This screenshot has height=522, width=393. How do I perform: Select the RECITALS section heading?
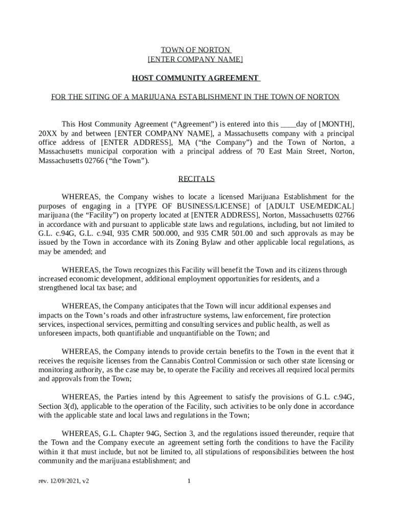(196, 179)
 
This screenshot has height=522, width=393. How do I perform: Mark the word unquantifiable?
(194, 333)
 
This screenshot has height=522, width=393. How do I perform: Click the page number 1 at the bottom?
(189, 481)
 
